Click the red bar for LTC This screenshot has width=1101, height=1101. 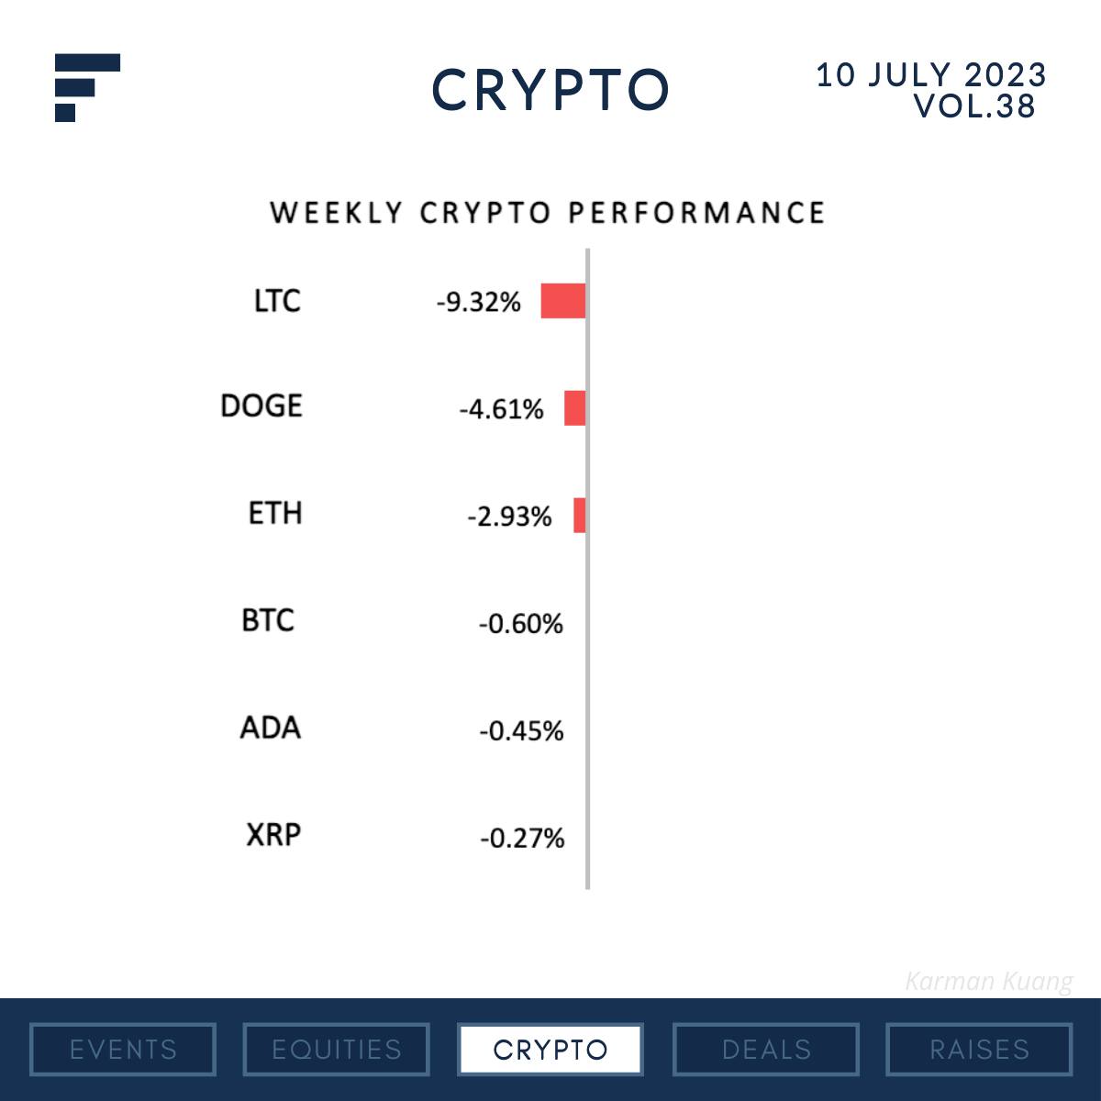click(562, 301)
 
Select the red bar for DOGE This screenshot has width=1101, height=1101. click(574, 407)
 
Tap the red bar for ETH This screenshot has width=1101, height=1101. click(579, 515)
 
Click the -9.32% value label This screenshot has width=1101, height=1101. click(478, 302)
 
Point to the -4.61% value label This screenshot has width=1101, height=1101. click(501, 409)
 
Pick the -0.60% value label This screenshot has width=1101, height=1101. click(520, 624)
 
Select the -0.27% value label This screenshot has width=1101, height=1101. click(521, 838)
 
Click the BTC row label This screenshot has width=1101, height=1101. click(268, 620)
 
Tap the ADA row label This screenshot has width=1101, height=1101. click(270, 728)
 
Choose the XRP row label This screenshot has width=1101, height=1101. click(273, 835)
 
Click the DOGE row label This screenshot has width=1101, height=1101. click(261, 406)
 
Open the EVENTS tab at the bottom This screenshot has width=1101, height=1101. click(123, 1049)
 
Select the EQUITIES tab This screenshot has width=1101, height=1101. click(337, 1049)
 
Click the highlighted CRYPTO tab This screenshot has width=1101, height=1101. click(550, 1049)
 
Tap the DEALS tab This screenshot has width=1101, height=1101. click(766, 1049)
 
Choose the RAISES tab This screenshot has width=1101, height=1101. click(979, 1049)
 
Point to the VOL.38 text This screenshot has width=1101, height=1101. click(974, 106)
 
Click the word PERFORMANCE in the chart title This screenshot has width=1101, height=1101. click(696, 213)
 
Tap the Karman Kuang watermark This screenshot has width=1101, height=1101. click(988, 982)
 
